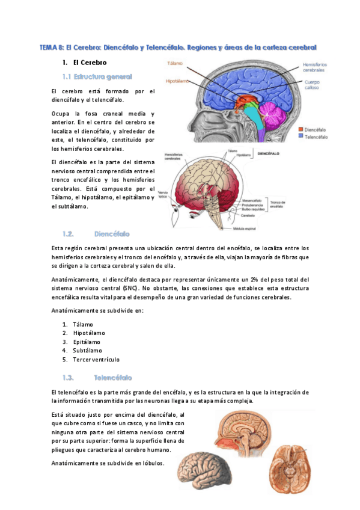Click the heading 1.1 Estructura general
[x=97, y=76]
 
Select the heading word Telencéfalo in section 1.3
[x=113, y=378]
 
